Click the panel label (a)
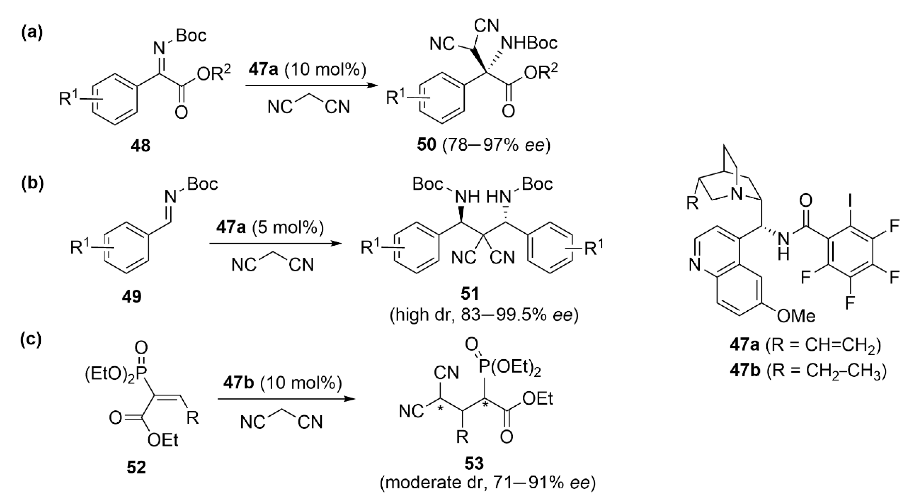point(32,33)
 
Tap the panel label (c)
point(31,338)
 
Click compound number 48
point(140,145)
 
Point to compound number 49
point(132,297)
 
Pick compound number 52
point(136,467)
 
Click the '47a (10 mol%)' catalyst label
point(307,70)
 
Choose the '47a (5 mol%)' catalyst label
point(270,228)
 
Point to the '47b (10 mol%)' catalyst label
point(282,383)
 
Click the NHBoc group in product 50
point(529,43)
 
